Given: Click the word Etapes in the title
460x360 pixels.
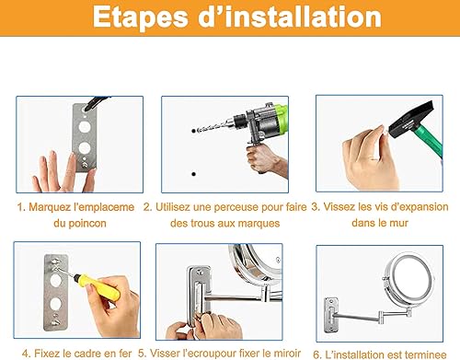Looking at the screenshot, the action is tap(140, 17).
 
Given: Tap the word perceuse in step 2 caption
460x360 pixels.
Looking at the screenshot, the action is tap(234, 207).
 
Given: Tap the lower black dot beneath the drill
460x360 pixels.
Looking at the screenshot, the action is tap(193, 174).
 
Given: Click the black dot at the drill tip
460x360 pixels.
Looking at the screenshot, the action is tap(193, 131).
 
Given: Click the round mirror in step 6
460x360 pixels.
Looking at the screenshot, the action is tap(408, 280).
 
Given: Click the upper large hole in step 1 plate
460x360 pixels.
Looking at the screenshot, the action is tap(85, 127).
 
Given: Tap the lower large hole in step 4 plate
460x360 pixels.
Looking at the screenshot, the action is tap(55, 304).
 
